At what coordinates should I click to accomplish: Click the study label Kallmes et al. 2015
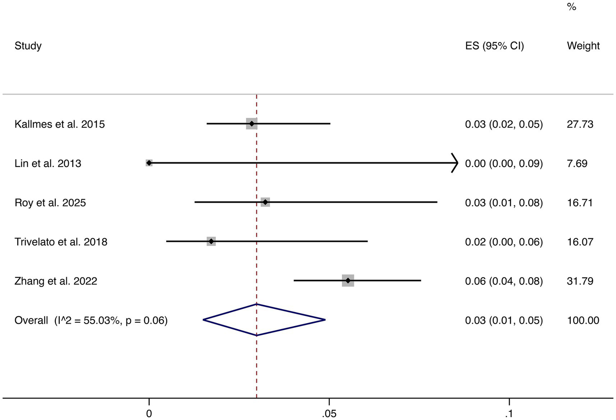pyautogui.click(x=59, y=124)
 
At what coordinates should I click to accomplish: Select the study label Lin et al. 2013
pyautogui.click(x=48, y=163)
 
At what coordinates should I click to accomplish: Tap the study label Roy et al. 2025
pyautogui.click(x=50, y=202)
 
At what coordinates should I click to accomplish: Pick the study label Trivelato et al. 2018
pyautogui.click(x=61, y=242)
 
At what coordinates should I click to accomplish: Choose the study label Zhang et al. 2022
pyautogui.click(x=56, y=281)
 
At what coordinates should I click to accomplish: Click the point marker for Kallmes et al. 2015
pyautogui.click(x=252, y=124)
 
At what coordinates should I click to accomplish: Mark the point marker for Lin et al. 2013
pyautogui.click(x=149, y=163)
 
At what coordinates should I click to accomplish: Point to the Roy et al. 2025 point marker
pyautogui.click(x=265, y=202)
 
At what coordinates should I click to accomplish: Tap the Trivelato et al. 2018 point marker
pyautogui.click(x=211, y=241)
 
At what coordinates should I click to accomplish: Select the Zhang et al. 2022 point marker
pyautogui.click(x=348, y=281)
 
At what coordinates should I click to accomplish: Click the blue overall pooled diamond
pyautogui.click(x=264, y=320)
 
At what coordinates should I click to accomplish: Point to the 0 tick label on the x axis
pyautogui.click(x=149, y=413)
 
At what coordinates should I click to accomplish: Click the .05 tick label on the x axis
pyautogui.click(x=329, y=413)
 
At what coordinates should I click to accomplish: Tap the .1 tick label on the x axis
pyautogui.click(x=509, y=413)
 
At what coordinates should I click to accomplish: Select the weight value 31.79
pyautogui.click(x=580, y=281)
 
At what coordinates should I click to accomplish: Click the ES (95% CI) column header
pyautogui.click(x=494, y=46)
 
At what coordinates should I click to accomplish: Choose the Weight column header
pyautogui.click(x=583, y=46)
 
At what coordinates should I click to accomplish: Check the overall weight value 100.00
pyautogui.click(x=583, y=320)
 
